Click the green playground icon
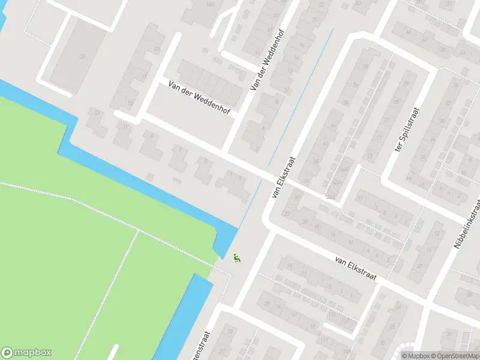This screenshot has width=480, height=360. (x=237, y=259)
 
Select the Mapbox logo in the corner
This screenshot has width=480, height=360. (x=26, y=353)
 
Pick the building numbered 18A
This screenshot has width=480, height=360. (x=209, y=5)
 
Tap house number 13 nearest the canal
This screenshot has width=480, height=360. (x=97, y=112)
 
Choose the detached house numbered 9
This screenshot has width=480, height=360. (x=151, y=137)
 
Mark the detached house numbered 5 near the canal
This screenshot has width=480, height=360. (x=206, y=161)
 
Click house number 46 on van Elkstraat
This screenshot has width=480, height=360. (x=334, y=127)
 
